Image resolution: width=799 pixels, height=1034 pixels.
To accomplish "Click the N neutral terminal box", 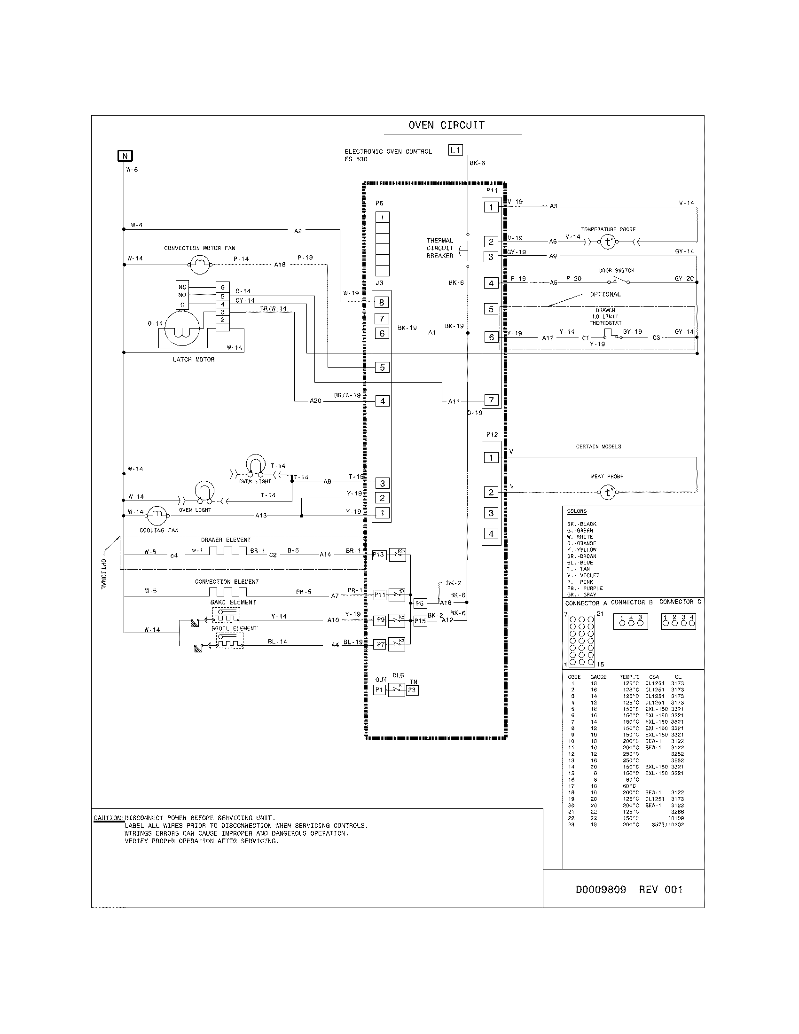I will [125, 156].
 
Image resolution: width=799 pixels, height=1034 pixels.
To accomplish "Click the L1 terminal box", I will [455, 150].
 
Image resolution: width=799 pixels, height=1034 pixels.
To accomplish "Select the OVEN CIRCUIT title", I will [446, 125].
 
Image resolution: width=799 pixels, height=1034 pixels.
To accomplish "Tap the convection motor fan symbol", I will [200, 264].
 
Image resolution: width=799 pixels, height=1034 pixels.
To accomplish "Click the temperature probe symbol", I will [608, 242].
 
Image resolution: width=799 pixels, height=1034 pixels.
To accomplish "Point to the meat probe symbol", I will [608, 493].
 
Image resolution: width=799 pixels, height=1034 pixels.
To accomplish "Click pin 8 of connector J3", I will [382, 302].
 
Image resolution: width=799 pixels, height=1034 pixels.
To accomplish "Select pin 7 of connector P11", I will [491, 400].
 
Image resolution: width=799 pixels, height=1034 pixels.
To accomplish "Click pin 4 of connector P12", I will [491, 533].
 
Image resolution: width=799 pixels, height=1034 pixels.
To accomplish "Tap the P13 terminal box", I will [379, 555].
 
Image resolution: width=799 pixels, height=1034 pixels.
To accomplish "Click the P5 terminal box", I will [420, 603].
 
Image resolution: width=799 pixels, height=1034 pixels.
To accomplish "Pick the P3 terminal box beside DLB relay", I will [412, 690].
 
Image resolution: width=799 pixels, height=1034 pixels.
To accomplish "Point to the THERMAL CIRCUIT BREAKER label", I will [440, 248].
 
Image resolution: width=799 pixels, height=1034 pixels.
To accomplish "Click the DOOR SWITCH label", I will [616, 270].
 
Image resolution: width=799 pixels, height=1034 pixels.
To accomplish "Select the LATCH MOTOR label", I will [194, 360].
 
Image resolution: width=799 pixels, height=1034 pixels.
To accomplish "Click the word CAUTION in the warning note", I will [109, 818].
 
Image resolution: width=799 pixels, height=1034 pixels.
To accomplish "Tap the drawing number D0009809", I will [600, 890].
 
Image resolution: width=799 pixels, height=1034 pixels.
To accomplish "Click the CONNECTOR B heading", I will [631, 602].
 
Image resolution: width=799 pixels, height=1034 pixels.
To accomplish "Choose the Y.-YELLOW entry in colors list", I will [582, 550].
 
